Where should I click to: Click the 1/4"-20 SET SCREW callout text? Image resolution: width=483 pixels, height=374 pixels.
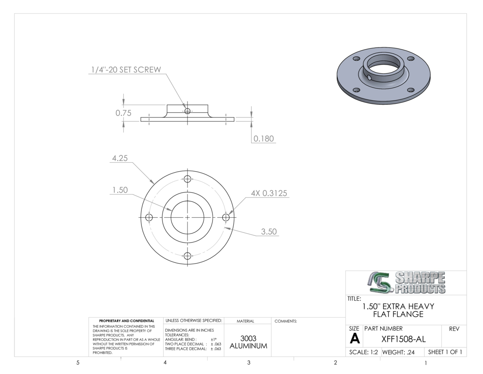(126, 70)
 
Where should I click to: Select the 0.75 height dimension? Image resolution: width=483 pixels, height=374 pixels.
(123, 113)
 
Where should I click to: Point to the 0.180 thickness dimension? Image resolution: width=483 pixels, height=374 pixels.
(263, 139)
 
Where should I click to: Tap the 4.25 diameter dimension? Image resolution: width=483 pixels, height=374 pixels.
(119, 158)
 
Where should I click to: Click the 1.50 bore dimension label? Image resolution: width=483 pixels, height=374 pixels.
(120, 190)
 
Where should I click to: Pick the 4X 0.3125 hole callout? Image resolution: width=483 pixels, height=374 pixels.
(269, 193)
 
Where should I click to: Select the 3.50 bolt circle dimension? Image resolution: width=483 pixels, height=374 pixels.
(269, 231)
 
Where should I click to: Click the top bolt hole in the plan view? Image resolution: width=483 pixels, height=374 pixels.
(187, 179)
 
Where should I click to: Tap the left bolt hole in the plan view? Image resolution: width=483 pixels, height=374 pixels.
(149, 217)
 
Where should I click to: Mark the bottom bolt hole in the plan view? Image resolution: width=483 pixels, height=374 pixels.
(187, 256)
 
